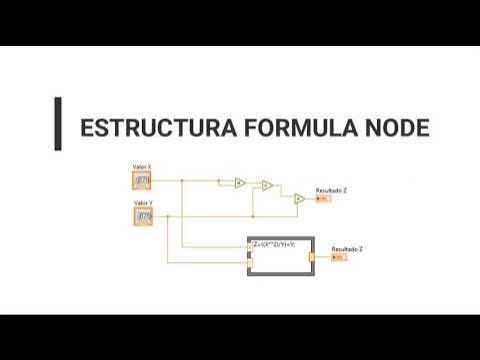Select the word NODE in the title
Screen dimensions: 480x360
pos(392,129)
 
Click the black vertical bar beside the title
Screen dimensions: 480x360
pos(58,123)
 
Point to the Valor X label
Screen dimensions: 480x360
pos(142,166)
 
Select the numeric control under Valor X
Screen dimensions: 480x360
pos(142,180)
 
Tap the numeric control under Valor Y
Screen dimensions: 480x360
pos(143,216)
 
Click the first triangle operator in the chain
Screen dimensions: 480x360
pos(240,182)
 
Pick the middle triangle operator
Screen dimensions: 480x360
pos(267,185)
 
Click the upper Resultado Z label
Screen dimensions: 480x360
pos(332,189)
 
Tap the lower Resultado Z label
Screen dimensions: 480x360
pos(347,247)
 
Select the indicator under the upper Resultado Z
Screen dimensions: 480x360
pos(322,198)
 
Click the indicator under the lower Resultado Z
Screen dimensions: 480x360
pos(338,257)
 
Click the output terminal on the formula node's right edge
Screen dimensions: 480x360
pos(312,257)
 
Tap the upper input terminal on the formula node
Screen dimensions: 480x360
pos(250,244)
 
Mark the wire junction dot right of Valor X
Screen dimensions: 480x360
pos(182,180)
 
